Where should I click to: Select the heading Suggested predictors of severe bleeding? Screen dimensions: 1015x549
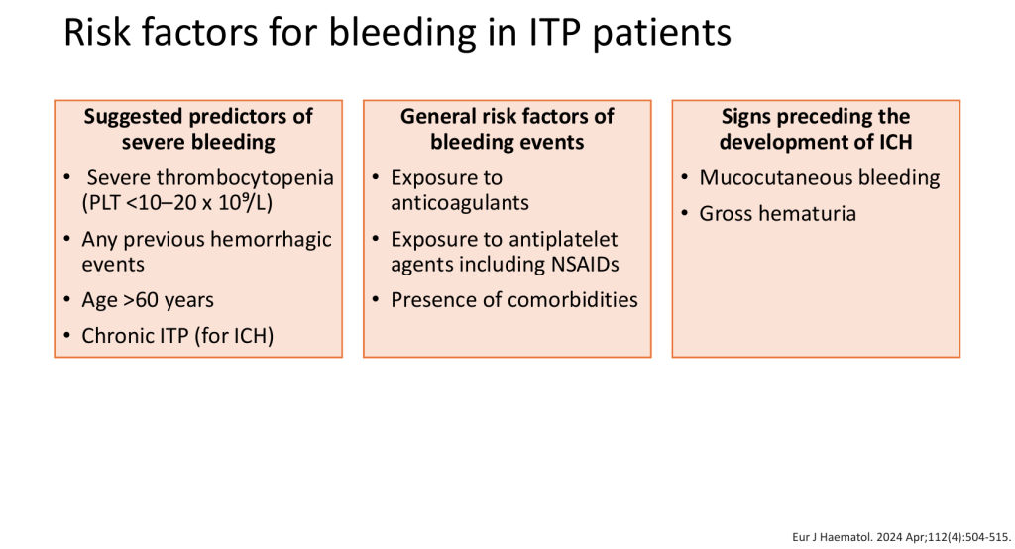198,129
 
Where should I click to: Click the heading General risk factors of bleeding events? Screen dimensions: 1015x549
507,129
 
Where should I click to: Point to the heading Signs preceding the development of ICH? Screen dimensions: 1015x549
816,129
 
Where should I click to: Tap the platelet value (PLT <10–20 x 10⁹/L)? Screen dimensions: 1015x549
176,202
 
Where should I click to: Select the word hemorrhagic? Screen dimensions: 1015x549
271,240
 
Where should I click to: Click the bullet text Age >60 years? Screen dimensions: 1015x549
148,300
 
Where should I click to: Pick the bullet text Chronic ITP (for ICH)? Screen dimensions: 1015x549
177,336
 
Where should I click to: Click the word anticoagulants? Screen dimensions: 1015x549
460,203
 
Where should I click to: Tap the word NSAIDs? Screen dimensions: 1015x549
585,265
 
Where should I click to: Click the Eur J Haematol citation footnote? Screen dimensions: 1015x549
901,537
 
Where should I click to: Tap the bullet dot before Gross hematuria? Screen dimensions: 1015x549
685,213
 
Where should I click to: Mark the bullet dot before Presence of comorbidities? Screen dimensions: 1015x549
376,299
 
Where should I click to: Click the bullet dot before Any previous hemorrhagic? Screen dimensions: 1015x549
67,239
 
